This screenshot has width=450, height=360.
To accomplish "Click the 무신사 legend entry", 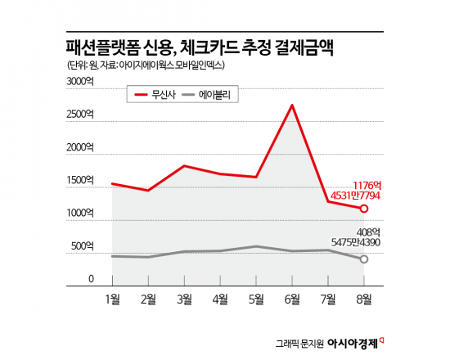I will click(x=158, y=95).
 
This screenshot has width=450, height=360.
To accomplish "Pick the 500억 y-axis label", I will click(x=84, y=246).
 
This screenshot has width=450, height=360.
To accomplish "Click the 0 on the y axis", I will click(x=92, y=279).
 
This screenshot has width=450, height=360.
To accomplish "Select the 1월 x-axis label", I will click(x=113, y=299).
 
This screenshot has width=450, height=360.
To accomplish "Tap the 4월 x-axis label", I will click(x=221, y=299).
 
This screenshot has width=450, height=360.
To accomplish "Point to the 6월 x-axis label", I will click(x=292, y=299).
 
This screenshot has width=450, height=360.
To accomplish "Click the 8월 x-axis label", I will click(x=364, y=299).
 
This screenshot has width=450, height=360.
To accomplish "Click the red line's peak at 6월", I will click(x=292, y=105).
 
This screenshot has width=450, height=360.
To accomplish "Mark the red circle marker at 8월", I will click(x=364, y=209).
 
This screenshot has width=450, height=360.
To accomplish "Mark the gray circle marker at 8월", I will click(x=364, y=259).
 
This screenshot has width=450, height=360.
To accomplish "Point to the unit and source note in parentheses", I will click(x=146, y=65).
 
